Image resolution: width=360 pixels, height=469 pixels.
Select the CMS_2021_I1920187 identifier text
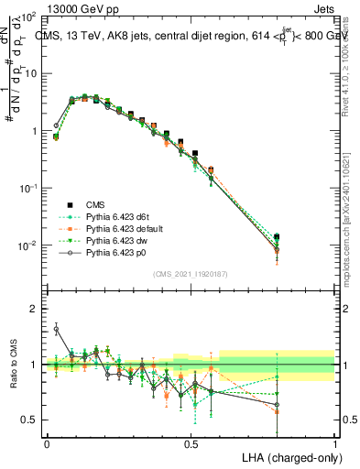pos(190,273)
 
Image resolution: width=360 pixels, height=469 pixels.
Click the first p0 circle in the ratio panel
pos(56,329)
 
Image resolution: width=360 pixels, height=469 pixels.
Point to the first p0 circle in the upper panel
pos(56,125)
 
